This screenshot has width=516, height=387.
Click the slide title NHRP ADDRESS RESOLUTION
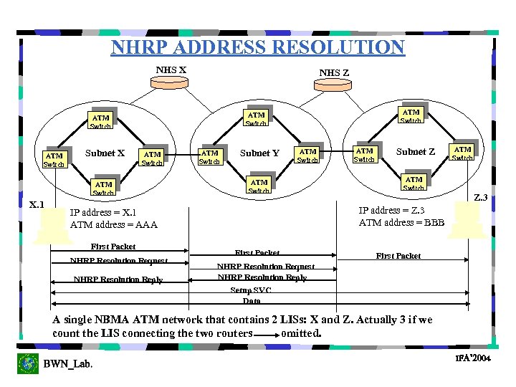tap(258, 48)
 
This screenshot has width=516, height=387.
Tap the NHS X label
tap(171, 70)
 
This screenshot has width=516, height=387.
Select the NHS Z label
tap(334, 72)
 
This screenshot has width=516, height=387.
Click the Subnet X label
tap(105, 153)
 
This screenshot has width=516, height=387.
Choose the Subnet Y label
tap(259, 153)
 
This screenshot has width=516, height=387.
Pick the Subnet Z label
tap(416, 151)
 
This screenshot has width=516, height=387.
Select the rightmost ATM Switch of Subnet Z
tap(462, 153)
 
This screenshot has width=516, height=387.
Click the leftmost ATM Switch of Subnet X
tap(54, 159)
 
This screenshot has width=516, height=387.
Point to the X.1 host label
tap(37, 205)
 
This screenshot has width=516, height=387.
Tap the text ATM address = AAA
tap(113, 225)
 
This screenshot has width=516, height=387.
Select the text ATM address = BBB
tap(401, 222)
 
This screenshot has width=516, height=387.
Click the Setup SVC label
tap(251, 290)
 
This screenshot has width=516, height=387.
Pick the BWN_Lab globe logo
tap(28, 363)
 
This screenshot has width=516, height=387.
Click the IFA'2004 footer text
tap(473, 358)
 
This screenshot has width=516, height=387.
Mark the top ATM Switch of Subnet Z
tap(411, 115)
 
